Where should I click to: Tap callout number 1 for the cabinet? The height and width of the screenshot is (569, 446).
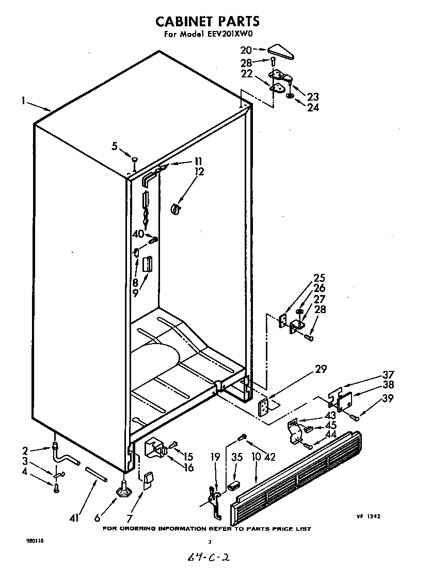(24, 102)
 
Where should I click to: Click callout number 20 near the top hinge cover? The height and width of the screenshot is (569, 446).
(246, 50)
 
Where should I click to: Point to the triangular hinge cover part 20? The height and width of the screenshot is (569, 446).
(281, 51)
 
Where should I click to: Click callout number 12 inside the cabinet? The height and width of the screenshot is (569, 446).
(199, 172)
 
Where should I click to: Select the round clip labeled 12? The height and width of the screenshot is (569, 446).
(175, 208)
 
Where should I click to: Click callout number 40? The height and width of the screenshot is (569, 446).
(137, 234)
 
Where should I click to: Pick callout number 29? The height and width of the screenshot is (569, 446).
(321, 369)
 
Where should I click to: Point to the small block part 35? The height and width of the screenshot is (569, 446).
(235, 485)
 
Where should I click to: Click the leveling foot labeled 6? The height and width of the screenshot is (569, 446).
(124, 488)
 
